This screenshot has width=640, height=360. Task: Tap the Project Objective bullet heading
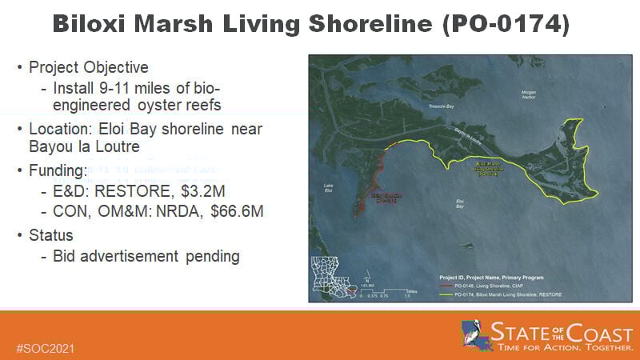point(89,67)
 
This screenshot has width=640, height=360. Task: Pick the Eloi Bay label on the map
point(460,203)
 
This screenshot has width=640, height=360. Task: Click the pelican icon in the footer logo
point(474,333)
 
